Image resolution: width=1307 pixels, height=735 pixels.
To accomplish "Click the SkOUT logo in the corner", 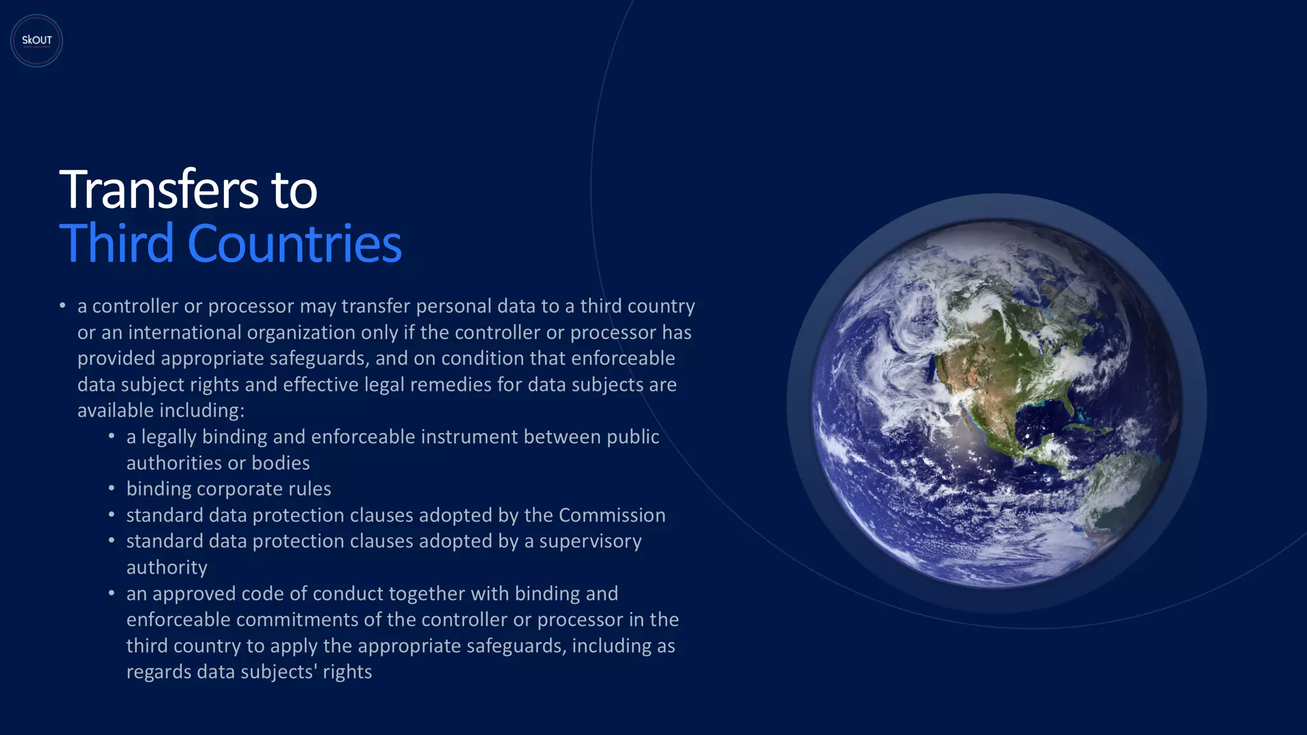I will pyautogui.click(x=36, y=40).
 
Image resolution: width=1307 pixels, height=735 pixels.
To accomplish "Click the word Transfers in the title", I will pyautogui.click(x=159, y=189).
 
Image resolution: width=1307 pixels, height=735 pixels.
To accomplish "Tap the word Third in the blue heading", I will pyautogui.click(x=117, y=243).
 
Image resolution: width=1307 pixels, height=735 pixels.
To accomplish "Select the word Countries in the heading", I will pyautogui.click(x=294, y=243).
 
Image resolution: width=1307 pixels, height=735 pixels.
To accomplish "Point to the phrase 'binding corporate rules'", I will pyautogui.click(x=228, y=489).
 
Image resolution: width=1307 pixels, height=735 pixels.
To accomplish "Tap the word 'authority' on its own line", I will pyautogui.click(x=167, y=567).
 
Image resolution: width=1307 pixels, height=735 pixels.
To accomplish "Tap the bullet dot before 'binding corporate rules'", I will pyautogui.click(x=112, y=489).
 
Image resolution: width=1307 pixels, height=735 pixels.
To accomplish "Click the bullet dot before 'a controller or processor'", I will pyautogui.click(x=63, y=306).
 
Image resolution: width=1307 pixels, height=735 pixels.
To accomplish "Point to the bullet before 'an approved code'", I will pyautogui.click(x=112, y=593).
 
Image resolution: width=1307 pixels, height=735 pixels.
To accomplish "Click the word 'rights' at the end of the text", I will pyautogui.click(x=347, y=672).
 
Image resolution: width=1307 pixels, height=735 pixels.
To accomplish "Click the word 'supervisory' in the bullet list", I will pyautogui.click(x=590, y=541).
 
